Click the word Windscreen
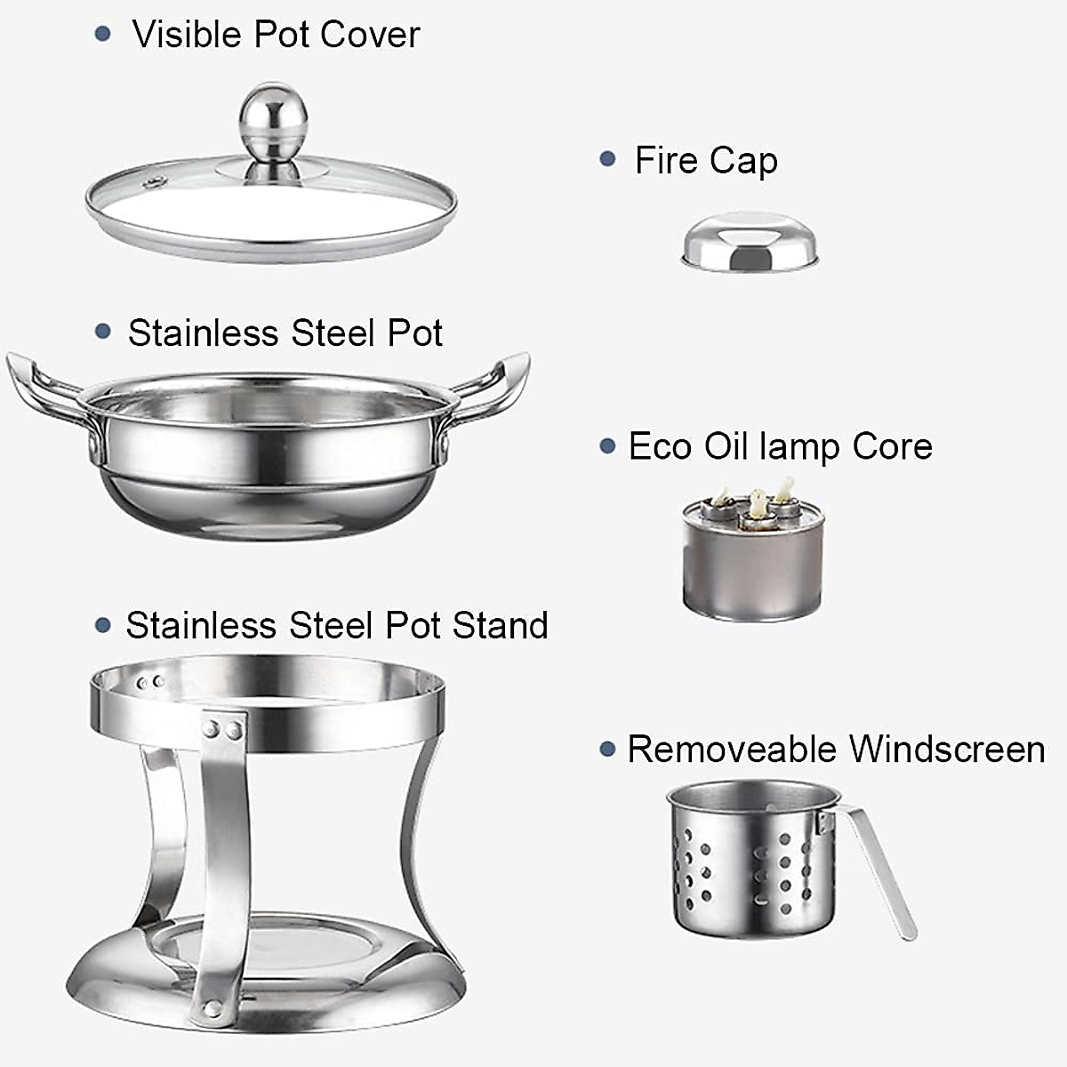click(x=946, y=749)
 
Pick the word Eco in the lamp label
click(x=661, y=446)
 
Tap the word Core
click(x=892, y=446)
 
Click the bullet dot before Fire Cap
click(x=608, y=160)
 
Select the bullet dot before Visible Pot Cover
click(x=104, y=35)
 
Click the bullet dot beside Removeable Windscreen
click(x=608, y=750)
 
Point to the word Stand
click(x=501, y=625)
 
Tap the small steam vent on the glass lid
click(x=156, y=185)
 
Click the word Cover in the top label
click(x=370, y=35)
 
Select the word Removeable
click(x=732, y=749)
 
